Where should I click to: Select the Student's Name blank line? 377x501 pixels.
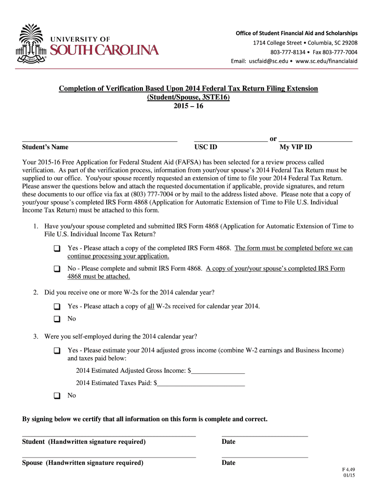(x=99, y=140)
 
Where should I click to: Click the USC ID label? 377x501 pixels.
(x=206, y=147)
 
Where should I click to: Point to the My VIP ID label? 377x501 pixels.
(x=295, y=147)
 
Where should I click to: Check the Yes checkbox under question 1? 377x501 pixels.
(x=57, y=249)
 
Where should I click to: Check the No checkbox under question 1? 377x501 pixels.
(x=57, y=269)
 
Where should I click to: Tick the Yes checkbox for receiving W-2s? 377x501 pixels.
(x=57, y=307)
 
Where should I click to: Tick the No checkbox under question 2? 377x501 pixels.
(x=57, y=319)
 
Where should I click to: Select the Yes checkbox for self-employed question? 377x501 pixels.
(x=57, y=351)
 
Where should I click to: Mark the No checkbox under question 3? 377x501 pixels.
(x=57, y=395)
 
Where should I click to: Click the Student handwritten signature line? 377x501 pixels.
(x=109, y=434)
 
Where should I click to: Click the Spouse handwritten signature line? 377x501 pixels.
(x=109, y=456)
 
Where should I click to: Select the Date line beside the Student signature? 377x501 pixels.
(x=265, y=434)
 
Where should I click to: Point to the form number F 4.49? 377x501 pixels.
(x=348, y=469)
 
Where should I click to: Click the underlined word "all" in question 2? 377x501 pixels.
(x=151, y=306)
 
